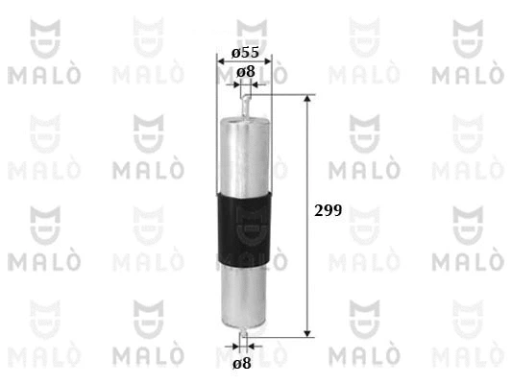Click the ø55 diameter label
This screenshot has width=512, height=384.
pyautogui.click(x=245, y=52)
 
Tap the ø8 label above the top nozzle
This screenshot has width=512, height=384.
pyautogui.click(x=246, y=72)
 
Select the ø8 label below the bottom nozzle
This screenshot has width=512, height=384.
pyautogui.click(x=242, y=363)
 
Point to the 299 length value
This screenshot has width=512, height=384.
pyautogui.click(x=328, y=210)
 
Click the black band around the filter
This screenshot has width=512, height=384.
pyautogui.click(x=244, y=228)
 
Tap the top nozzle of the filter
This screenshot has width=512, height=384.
pyautogui.click(x=246, y=106)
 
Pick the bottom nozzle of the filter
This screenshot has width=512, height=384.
pyautogui.click(x=244, y=333)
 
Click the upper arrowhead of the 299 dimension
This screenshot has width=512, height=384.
pyautogui.click(x=307, y=98)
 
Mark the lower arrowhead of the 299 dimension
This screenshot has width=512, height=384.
pyautogui.click(x=307, y=333)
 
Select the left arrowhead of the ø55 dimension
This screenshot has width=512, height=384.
pyautogui.click(x=221, y=61)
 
